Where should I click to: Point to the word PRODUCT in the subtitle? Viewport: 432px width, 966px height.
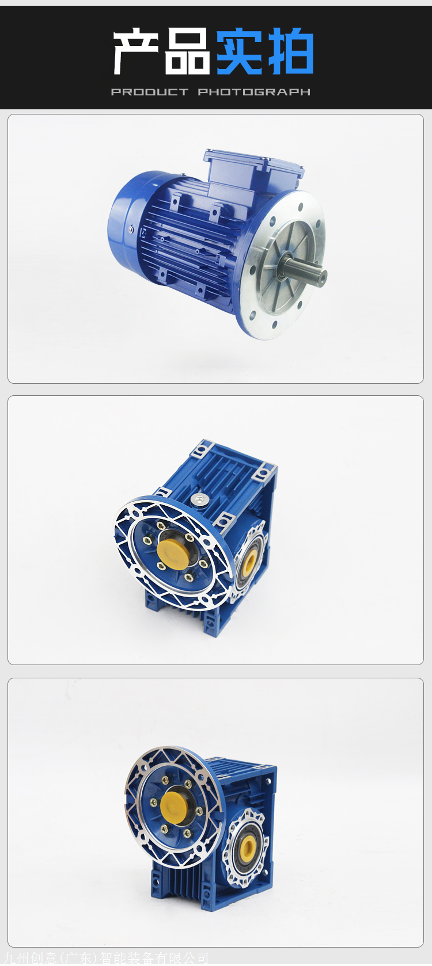click(150, 92)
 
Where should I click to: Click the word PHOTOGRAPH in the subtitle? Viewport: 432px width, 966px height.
click(254, 92)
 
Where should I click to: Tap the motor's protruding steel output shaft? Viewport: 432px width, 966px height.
click(309, 271)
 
